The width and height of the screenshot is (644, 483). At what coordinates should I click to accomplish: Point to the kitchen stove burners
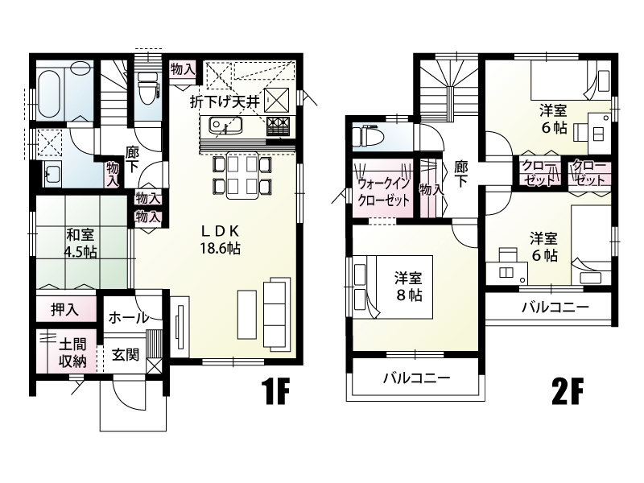click(x=278, y=126)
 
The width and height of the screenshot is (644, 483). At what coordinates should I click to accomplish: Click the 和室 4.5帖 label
click(x=81, y=244)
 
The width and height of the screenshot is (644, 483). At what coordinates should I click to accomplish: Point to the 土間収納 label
click(x=71, y=351)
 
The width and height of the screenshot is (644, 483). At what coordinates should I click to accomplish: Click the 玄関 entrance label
click(x=125, y=353)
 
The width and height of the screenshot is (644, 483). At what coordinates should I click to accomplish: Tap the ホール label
click(x=127, y=317)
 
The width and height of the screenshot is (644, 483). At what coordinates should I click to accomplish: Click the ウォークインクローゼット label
click(x=383, y=192)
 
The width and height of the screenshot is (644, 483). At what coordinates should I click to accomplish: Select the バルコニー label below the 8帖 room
click(x=415, y=378)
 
